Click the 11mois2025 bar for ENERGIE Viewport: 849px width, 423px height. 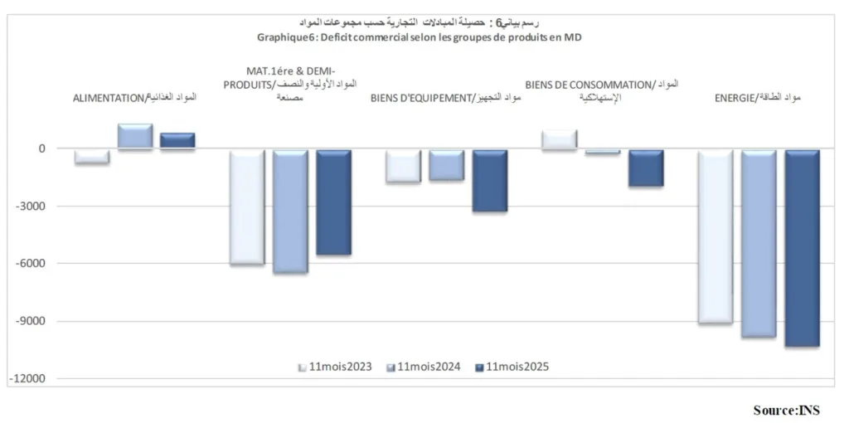pyautogui.click(x=802, y=248)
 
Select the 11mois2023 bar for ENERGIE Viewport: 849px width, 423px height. pyautogui.click(x=715, y=236)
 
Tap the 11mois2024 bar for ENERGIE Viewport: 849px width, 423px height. pyautogui.click(x=758, y=243)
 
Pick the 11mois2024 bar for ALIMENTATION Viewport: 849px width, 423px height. pyautogui.click(x=134, y=137)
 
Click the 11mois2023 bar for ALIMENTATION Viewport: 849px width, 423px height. pyautogui.click(x=91, y=157)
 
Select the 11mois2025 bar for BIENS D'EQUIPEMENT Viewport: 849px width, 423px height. pyautogui.click(x=489, y=181)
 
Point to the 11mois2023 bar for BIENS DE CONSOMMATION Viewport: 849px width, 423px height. pyautogui.click(x=559, y=139)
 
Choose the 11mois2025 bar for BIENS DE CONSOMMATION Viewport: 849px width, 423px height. pyautogui.click(x=645, y=168)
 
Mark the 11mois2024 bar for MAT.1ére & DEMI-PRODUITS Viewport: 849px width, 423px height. pyautogui.click(x=290, y=211)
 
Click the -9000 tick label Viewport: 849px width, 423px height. pyautogui.click(x=36, y=322)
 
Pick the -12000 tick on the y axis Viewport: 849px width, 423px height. pyautogui.click(x=34, y=379)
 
